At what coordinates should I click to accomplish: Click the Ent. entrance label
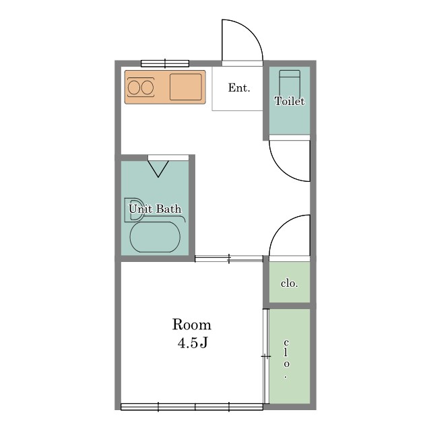[239, 88]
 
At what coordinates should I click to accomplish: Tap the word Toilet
[290, 101]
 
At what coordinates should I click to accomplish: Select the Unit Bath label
[155, 209]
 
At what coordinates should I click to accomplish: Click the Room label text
[191, 325]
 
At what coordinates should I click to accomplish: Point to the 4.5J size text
[192, 343]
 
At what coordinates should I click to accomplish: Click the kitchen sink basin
[186, 87]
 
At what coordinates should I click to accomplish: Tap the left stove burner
[134, 88]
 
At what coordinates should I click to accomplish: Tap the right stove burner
[147, 88]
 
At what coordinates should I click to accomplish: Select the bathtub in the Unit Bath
[155, 237]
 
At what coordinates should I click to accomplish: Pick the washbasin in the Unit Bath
[134, 209]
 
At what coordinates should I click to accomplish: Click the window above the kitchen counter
[165, 63]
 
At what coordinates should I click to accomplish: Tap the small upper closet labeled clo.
[290, 282]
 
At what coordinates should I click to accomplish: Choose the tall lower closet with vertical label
[290, 356]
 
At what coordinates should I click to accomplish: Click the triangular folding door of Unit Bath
[158, 169]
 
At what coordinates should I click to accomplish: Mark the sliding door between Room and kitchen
[229, 259]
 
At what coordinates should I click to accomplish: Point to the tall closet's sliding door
[266, 356]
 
